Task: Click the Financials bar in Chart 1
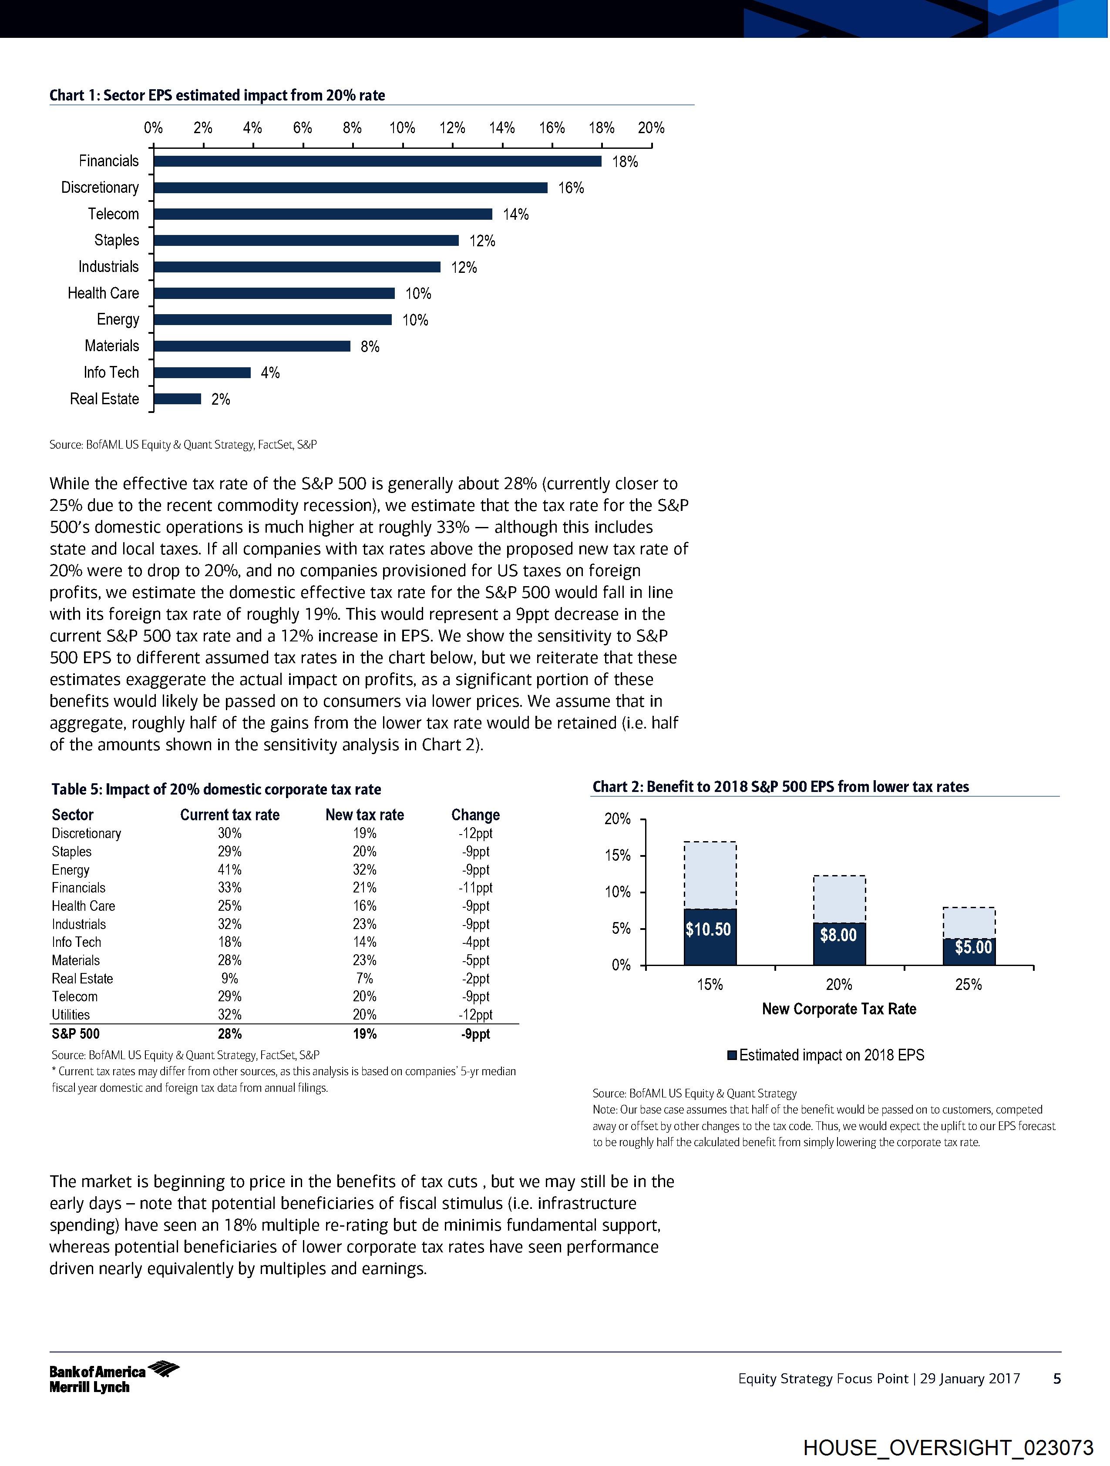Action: [x=377, y=161]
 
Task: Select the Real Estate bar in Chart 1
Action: [x=177, y=399]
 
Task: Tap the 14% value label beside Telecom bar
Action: [x=515, y=214]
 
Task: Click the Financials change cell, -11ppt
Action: [x=475, y=887]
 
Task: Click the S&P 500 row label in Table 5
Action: [x=76, y=1034]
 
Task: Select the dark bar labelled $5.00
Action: [x=969, y=952]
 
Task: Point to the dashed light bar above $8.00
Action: [x=839, y=899]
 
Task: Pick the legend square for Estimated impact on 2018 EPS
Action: [x=732, y=1055]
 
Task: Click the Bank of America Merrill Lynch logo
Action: [x=114, y=1379]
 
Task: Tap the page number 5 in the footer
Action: [x=1057, y=1379]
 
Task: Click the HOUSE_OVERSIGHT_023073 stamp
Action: [x=948, y=1447]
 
